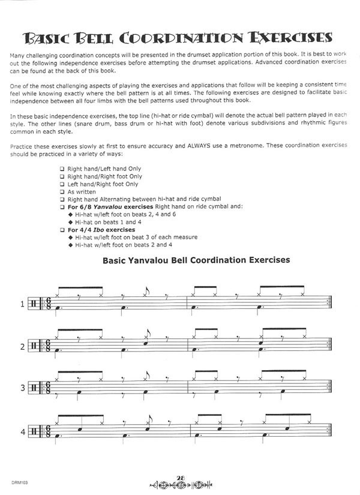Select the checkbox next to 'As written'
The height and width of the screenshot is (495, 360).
[x=62, y=192]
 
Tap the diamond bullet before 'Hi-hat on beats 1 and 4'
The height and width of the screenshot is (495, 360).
[x=71, y=222]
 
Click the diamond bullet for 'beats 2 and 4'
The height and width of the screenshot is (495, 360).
[x=71, y=245]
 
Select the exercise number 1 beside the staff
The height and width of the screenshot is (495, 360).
[x=23, y=304]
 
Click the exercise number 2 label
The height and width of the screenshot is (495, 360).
[x=23, y=346]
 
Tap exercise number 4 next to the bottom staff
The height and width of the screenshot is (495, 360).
[x=23, y=430]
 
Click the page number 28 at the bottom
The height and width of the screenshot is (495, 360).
[x=180, y=476]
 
